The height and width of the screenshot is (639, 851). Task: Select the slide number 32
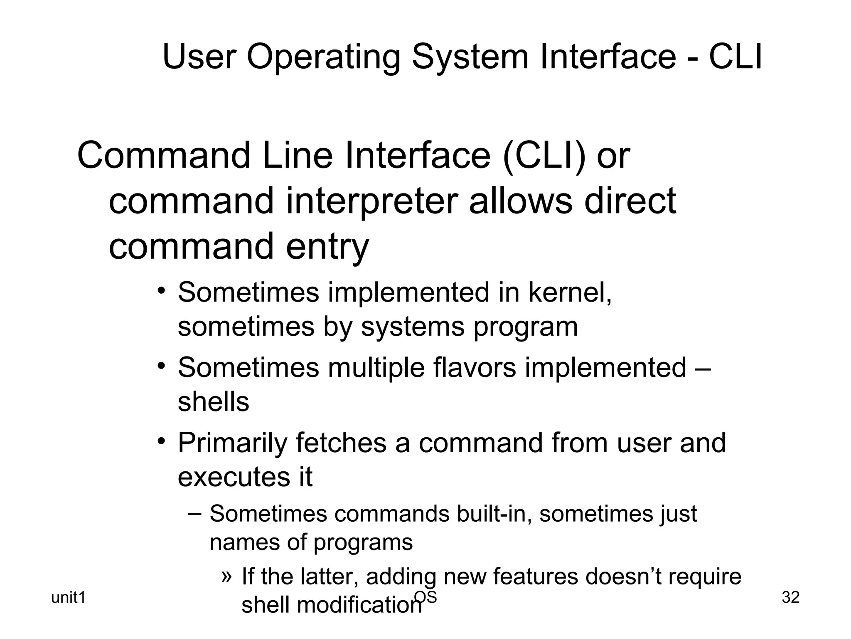coord(790,597)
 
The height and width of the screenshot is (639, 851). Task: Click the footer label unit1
coord(68,598)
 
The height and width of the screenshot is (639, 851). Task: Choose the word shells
coord(214,401)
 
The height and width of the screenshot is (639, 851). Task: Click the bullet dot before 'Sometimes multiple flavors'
coord(162,366)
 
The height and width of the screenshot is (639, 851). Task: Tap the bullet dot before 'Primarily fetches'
coord(162,441)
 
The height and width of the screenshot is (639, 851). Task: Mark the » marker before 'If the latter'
coord(226,576)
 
